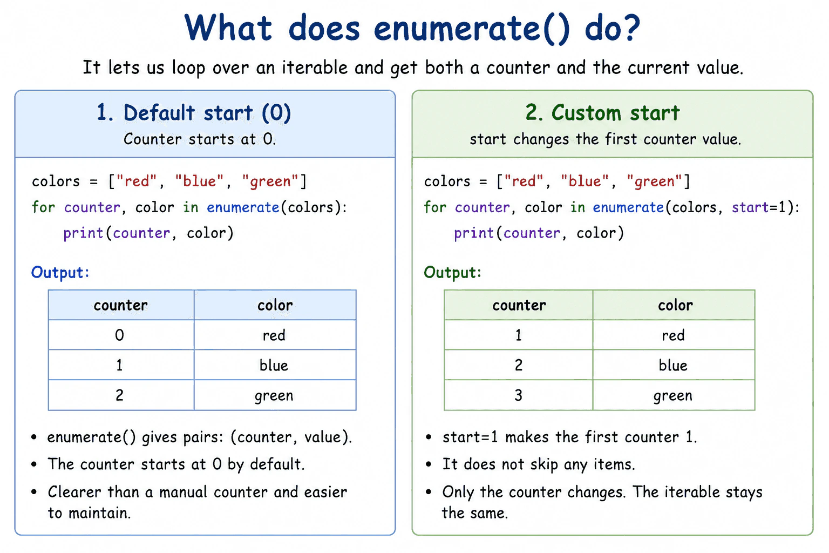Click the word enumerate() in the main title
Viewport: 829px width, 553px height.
pos(472,28)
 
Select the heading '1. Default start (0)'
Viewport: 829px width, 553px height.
pos(194,113)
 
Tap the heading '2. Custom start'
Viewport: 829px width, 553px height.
pos(602,113)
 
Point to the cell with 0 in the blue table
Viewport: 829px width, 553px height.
pos(121,335)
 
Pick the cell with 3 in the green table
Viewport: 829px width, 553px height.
pos(519,395)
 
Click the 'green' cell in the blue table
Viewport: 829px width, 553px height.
pos(275,395)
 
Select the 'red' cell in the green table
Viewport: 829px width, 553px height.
pos(674,335)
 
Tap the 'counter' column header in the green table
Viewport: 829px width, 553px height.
pos(519,305)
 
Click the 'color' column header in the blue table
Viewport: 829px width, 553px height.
pos(275,305)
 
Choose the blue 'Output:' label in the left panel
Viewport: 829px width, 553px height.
pos(60,273)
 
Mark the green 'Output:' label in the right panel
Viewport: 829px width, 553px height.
pos(453,273)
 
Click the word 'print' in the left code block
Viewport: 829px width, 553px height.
pos(83,233)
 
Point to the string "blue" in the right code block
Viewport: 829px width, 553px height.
pos(585,181)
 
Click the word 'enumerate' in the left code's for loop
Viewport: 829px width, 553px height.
pos(243,207)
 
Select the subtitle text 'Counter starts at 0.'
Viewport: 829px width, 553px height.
pos(200,139)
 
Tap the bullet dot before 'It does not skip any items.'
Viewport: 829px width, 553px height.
pos(429,464)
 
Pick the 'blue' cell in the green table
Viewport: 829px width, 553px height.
pos(674,365)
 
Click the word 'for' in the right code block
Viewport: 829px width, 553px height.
pos(435,207)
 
